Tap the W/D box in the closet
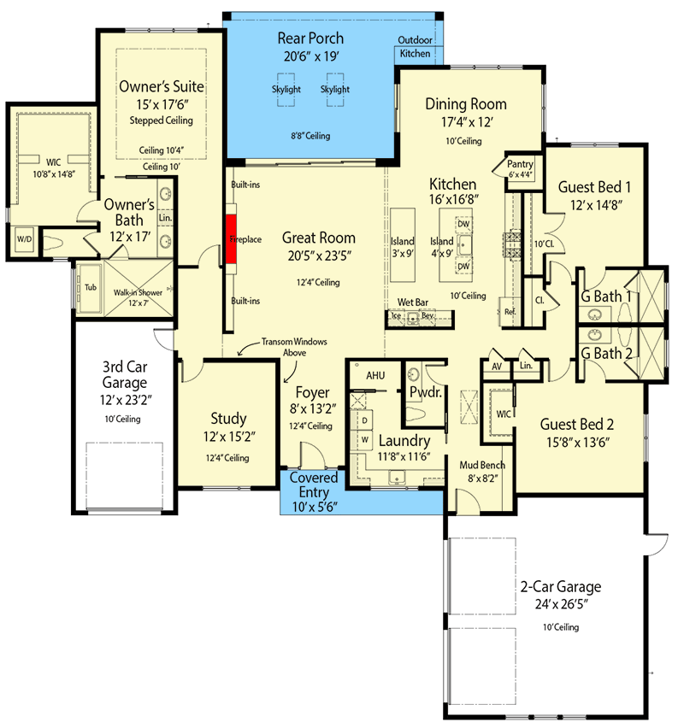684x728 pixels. pos(24,239)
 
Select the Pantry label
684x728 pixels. pos(520,164)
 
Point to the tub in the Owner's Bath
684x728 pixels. pos(89,288)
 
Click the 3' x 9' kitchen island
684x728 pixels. pos(403,245)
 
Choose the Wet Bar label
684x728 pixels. pos(413,302)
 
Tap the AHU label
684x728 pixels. pos(375,375)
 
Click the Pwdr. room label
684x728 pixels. pos(426,392)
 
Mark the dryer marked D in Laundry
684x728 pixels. pos(365,420)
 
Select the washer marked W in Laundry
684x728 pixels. pos(365,440)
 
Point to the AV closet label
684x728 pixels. pos(497,367)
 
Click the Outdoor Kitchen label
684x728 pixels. pos(415,47)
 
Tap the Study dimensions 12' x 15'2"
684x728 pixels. pos(229,437)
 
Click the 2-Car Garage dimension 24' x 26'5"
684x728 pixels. pos(562,604)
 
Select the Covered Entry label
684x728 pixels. pos(314,484)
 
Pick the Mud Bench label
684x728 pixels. pos(482,465)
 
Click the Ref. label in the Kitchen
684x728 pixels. pos(510,312)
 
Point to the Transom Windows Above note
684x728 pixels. pos(294,347)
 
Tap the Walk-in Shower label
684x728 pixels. pos(138,292)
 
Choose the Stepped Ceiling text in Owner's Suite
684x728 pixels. pos(162,120)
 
